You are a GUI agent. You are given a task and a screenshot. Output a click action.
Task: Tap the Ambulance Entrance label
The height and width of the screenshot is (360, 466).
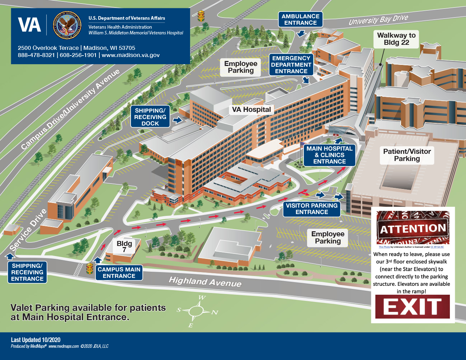pos(300,19)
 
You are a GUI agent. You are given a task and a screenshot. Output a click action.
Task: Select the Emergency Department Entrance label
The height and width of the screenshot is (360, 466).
pos(291,65)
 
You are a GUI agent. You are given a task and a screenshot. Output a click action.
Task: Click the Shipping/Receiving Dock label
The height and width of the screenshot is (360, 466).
pos(150,117)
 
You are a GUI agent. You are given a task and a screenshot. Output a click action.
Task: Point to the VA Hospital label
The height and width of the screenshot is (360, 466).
pos(251,110)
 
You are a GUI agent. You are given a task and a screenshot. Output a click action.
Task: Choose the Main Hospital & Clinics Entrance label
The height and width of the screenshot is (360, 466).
pos(329,155)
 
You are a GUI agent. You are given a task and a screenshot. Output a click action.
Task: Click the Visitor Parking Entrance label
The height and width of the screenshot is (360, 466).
pos(311,209)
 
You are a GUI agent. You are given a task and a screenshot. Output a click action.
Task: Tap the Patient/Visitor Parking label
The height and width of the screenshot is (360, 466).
pos(407,155)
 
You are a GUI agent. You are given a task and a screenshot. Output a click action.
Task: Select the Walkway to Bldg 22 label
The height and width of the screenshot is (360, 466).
pos(396,39)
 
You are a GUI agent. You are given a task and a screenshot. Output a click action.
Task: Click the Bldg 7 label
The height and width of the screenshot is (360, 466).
pos(124,246)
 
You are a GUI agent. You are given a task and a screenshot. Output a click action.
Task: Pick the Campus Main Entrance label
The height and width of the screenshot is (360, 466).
pos(119,273)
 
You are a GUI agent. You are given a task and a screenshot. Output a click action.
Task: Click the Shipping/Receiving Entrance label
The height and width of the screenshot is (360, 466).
pos(27,272)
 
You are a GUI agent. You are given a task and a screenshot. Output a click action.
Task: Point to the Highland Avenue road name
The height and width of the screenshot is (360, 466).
pos(205,282)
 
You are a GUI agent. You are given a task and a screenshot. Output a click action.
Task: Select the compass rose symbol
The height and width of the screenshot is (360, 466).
pos(197,311)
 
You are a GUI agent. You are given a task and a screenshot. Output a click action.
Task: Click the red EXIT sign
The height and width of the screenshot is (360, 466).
pos(413,307)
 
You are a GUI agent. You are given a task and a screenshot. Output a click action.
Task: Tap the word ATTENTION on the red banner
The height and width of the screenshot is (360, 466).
pos(413,229)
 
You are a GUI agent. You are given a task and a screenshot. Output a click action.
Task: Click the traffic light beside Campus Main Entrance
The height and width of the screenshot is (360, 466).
pos(90,268)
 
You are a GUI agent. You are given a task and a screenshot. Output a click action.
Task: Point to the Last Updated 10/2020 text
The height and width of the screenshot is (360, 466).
pos(36,340)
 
